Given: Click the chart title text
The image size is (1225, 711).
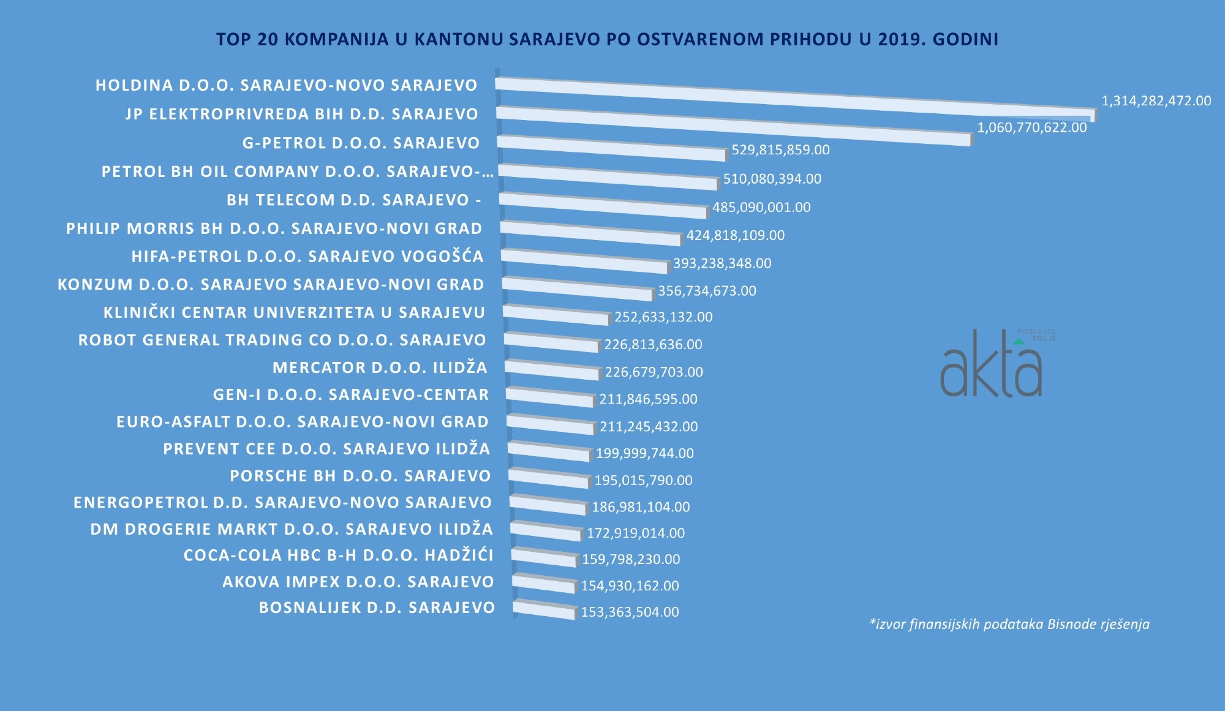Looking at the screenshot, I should pyautogui.click(x=607, y=39).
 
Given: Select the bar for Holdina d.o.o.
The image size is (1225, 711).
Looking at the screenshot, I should pyautogui.click(x=796, y=98).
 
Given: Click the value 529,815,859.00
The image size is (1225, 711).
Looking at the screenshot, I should pyautogui.click(x=780, y=150).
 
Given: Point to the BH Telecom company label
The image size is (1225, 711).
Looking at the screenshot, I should pyautogui.click(x=353, y=200).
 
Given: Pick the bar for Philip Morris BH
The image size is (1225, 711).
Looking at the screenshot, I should pyautogui.click(x=591, y=233).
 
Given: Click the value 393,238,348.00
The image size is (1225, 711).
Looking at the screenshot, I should pyautogui.click(x=722, y=263).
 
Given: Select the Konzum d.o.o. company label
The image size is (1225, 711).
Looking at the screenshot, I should pyautogui.click(x=271, y=285).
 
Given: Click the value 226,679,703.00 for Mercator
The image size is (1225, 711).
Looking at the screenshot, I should pyautogui.click(x=654, y=372).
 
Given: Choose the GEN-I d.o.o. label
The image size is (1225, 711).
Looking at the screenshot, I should pyautogui.click(x=351, y=395).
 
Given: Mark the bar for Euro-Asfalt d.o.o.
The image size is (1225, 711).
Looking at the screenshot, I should pyautogui.click(x=551, y=424).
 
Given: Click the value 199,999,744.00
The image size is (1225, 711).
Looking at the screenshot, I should pyautogui.click(x=644, y=453).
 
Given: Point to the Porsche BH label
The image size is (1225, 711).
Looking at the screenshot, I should pyautogui.click(x=360, y=476).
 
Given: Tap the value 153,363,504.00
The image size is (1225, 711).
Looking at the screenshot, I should pyautogui.click(x=630, y=612).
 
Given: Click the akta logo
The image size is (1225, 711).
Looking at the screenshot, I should pyautogui.click(x=992, y=364).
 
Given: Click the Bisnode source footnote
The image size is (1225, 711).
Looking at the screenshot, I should pyautogui.click(x=1009, y=624).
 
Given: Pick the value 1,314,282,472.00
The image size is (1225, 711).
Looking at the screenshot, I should pyautogui.click(x=1156, y=101).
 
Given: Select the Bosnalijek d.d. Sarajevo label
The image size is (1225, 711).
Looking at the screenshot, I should pyautogui.click(x=377, y=608).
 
